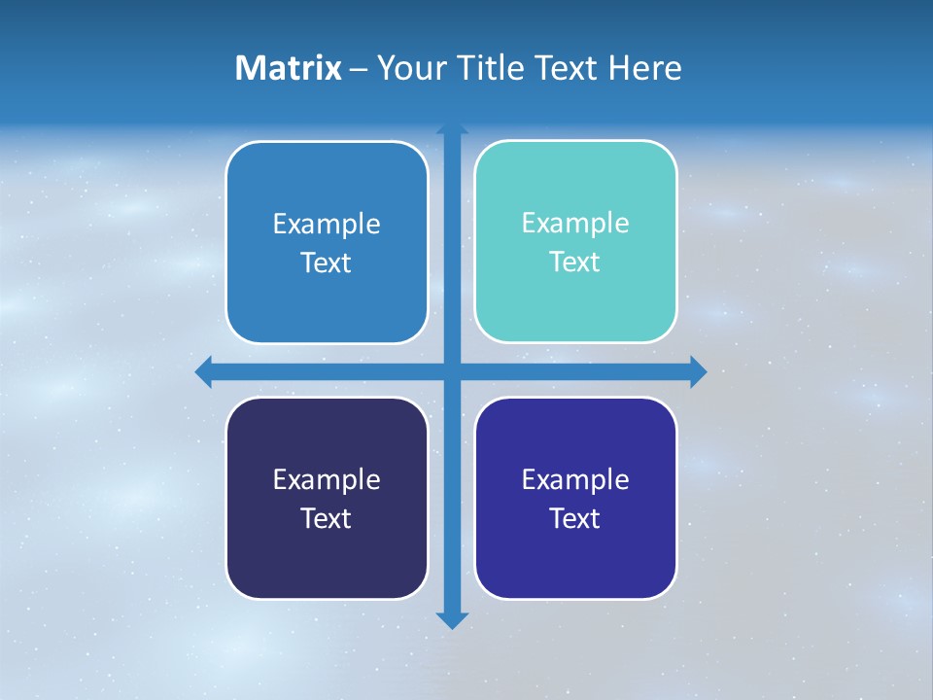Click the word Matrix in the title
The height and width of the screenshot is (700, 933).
288,68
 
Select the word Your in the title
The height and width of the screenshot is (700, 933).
408,68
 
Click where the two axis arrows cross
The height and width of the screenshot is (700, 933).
452,370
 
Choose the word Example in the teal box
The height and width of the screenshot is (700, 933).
575,224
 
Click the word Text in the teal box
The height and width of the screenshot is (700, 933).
575,262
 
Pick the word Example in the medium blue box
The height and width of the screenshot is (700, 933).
327,225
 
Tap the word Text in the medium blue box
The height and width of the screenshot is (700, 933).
327,263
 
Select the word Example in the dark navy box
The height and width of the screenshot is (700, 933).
327,480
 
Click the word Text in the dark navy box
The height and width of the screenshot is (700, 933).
327,519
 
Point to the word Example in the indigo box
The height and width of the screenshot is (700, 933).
575,480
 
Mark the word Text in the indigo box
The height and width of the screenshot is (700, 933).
575,519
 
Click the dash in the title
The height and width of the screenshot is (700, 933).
359,69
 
